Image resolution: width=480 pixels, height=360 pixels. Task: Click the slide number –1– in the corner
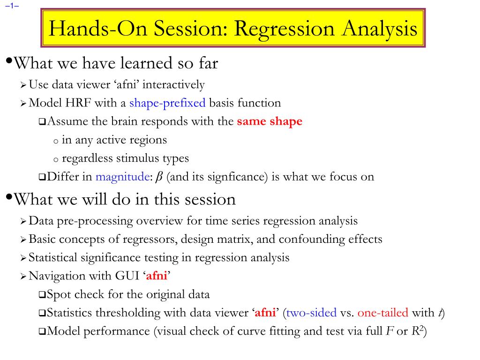tap(12, 6)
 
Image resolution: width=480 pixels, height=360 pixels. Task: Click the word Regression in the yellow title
tap(285, 30)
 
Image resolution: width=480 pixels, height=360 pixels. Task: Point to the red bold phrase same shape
tap(270, 121)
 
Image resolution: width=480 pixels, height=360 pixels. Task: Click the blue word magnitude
tap(122, 177)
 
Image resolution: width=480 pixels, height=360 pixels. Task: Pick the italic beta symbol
tap(159, 177)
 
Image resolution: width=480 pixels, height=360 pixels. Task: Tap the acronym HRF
tap(78, 103)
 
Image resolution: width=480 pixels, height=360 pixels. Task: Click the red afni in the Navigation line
tap(157, 276)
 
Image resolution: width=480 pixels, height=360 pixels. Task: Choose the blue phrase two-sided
tap(311, 313)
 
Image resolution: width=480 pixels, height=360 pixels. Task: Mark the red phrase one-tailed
tap(382, 313)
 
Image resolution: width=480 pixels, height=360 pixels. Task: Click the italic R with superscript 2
tap(417, 330)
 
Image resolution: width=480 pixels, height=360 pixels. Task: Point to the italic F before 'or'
tap(390, 331)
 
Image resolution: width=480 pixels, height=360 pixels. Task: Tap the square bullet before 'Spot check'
tap(42, 295)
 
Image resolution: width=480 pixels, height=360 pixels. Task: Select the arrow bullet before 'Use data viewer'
tap(23, 85)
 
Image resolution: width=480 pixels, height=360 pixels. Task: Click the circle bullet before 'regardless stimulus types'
tap(56, 160)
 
